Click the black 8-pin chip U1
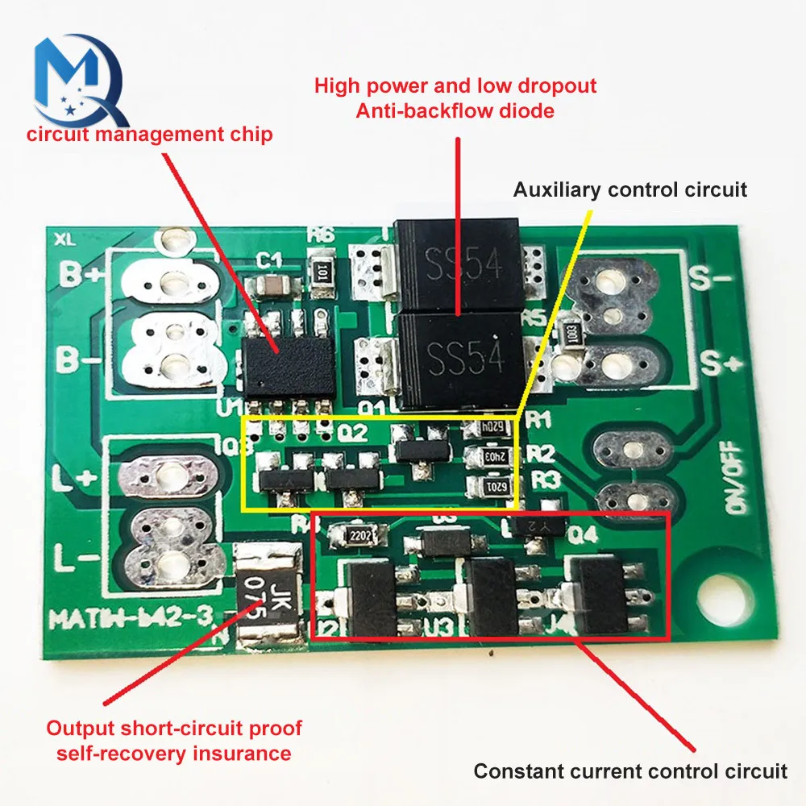[x=289, y=365]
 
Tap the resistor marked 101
[x=323, y=268]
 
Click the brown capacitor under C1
[x=267, y=287]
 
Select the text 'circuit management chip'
[x=150, y=134]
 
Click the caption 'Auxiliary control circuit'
[x=630, y=189]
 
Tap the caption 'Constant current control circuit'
[x=630, y=771]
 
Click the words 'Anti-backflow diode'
[x=455, y=110]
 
